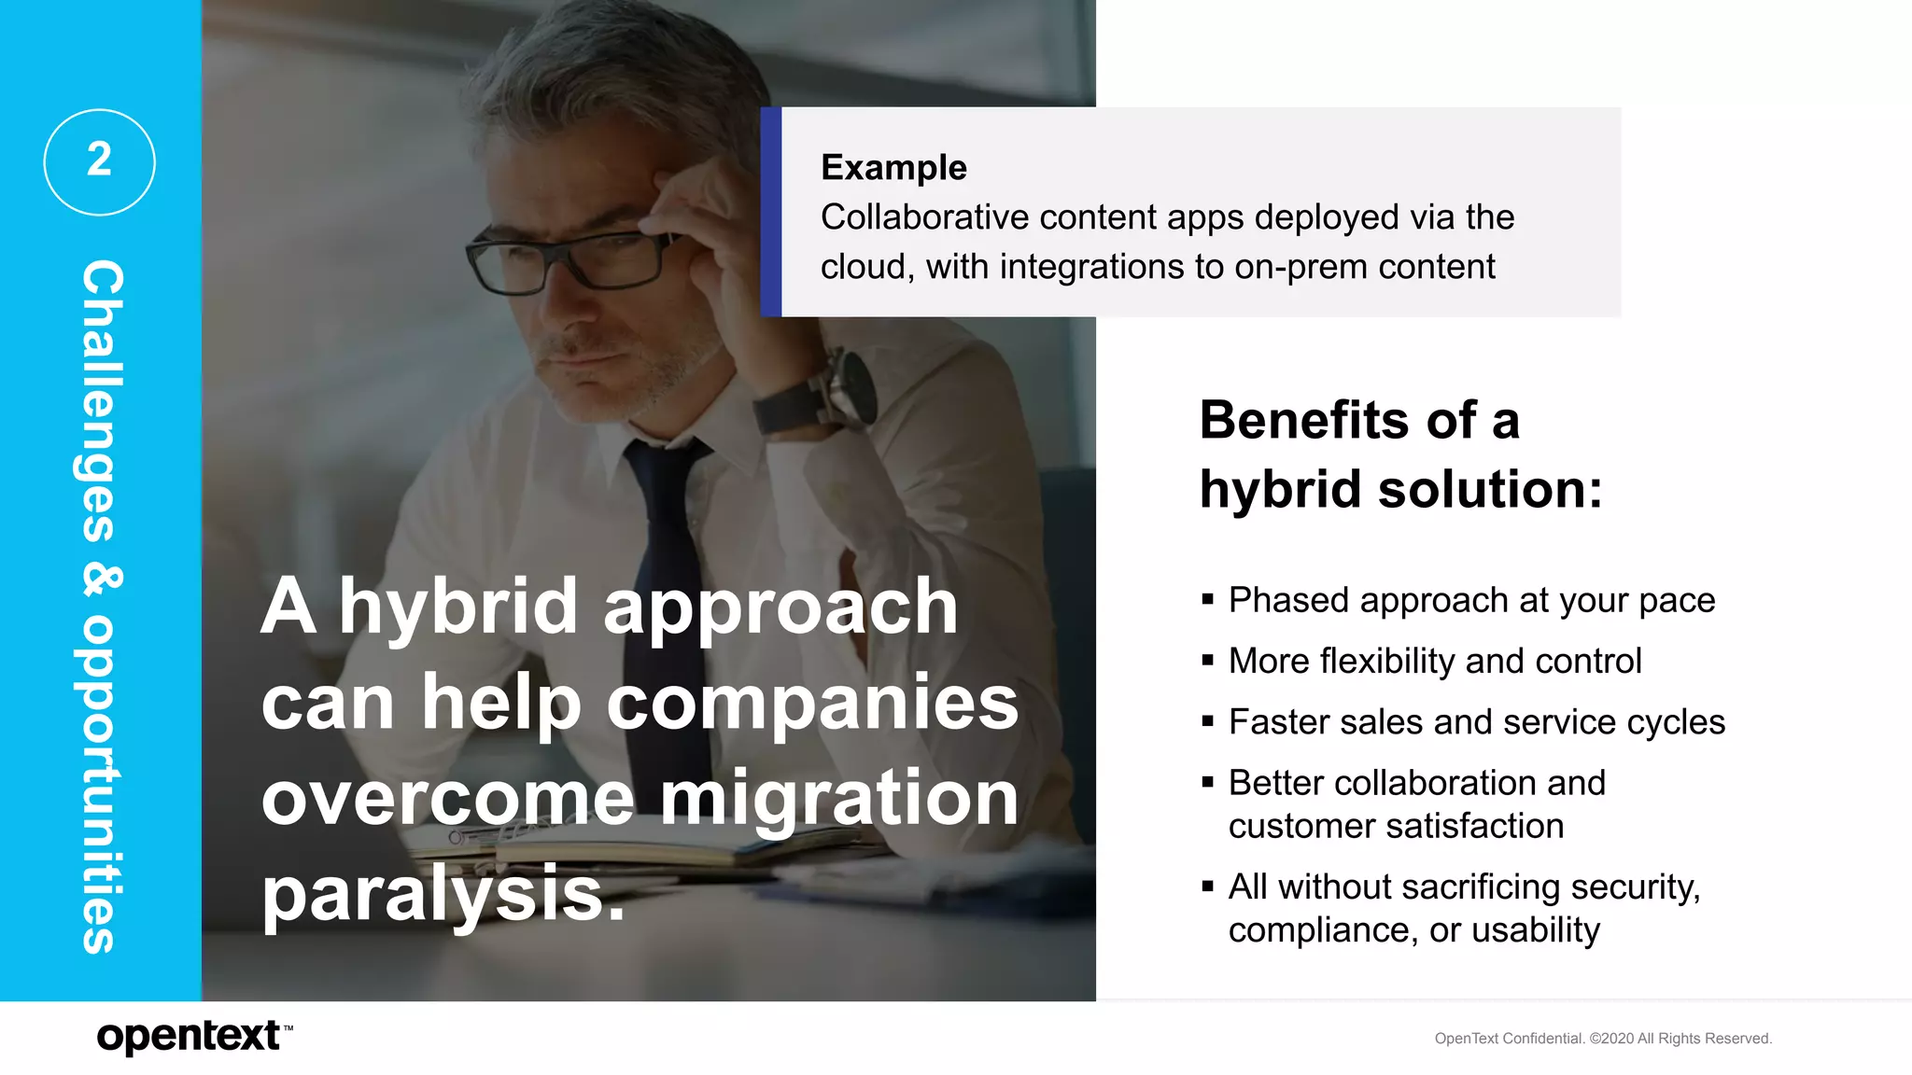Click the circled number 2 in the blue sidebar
(99, 161)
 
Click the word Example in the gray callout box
(893, 168)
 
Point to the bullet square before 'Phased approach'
(1207, 600)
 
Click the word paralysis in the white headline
(442, 894)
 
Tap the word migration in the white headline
(838, 799)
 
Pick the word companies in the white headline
(812, 702)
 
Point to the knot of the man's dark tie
(665, 467)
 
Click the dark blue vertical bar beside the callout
(770, 212)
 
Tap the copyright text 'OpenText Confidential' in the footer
(1509, 1039)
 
